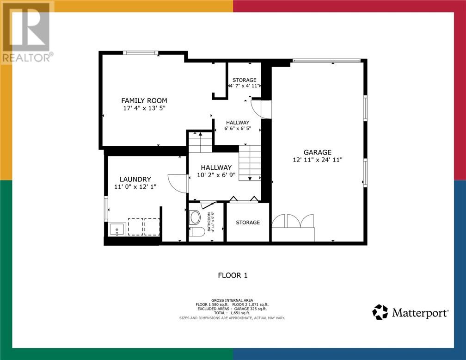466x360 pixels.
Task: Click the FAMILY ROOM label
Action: point(144,100)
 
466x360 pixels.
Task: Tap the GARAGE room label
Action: point(318,152)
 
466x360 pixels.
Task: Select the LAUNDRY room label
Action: point(135,179)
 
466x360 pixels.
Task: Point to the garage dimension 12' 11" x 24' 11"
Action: point(318,160)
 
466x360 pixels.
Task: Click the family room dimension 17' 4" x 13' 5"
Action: point(144,108)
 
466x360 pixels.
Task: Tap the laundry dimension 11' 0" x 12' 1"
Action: point(135,187)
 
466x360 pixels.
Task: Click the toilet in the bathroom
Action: point(197,231)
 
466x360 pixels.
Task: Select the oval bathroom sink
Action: point(195,217)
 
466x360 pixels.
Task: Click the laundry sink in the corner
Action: point(117,230)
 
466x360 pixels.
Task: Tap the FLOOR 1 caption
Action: point(233,275)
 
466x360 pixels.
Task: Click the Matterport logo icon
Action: point(380,312)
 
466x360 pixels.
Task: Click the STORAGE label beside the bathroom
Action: point(248,223)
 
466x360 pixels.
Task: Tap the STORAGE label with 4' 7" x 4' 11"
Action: point(244,80)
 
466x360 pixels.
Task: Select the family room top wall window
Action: point(140,53)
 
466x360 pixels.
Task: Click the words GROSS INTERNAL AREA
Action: point(232,300)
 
